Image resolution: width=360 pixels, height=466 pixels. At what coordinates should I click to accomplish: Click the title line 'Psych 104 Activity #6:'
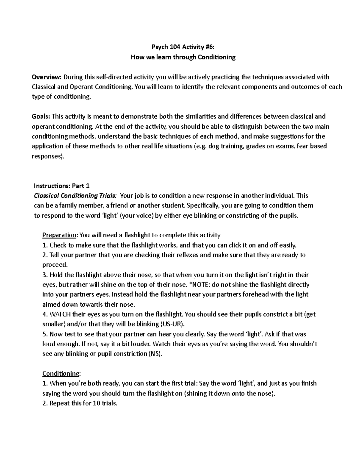pyautogui.click(x=183, y=47)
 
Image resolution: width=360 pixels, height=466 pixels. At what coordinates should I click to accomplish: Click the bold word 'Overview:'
pyautogui.click(x=46, y=77)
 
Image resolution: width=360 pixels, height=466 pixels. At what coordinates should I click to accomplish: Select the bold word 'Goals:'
pyautogui.click(x=41, y=116)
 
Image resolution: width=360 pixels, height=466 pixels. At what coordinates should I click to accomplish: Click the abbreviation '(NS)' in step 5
pyautogui.click(x=155, y=354)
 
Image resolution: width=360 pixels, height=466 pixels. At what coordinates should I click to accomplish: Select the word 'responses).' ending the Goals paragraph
pyautogui.click(x=48, y=156)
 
